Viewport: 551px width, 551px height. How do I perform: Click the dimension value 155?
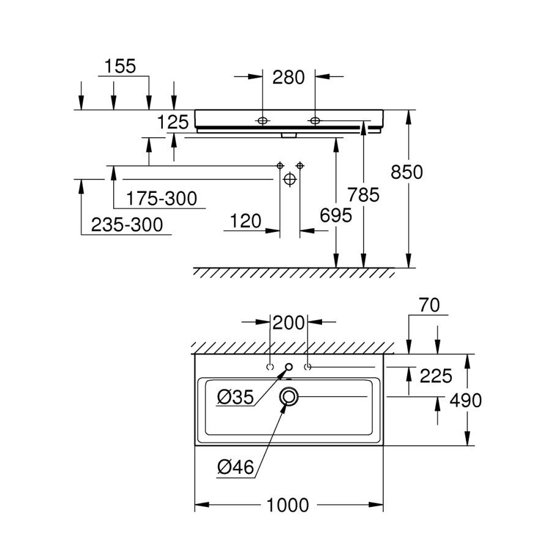pyautogui.click(x=119, y=66)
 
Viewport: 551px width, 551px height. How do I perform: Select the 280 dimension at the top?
pyautogui.click(x=288, y=77)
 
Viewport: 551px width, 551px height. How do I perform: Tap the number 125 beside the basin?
pyautogui.click(x=173, y=122)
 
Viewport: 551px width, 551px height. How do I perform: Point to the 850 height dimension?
pyautogui.click(x=407, y=172)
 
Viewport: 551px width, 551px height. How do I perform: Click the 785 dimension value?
pyautogui.click(x=363, y=195)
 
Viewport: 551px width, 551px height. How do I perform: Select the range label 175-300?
pyautogui.click(x=162, y=198)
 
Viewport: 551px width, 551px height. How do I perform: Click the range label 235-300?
pyautogui.click(x=127, y=225)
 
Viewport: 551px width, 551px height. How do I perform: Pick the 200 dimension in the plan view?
pyautogui.click(x=289, y=322)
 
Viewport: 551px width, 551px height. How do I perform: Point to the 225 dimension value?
pyautogui.click(x=435, y=375)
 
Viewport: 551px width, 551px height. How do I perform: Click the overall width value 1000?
pyautogui.click(x=288, y=506)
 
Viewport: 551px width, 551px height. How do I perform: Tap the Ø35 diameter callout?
pyautogui.click(x=234, y=397)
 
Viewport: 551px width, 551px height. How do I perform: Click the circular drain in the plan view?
pyautogui.click(x=288, y=397)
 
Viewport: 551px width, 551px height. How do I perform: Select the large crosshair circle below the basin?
pyautogui.click(x=290, y=179)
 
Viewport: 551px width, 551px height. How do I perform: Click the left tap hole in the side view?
pyautogui.click(x=262, y=120)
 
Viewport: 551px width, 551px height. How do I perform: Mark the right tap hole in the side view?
pyautogui.click(x=315, y=120)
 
